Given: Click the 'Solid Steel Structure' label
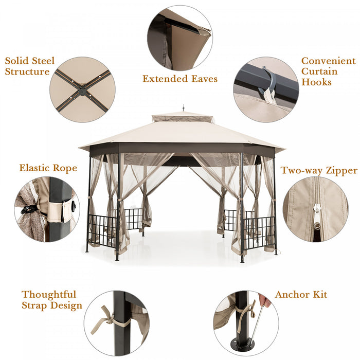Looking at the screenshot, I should tap(30, 66).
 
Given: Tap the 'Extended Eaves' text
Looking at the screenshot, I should tap(180, 79).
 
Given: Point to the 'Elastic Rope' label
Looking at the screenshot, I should tap(48, 168).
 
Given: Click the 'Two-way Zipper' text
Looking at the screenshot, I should tap(319, 170).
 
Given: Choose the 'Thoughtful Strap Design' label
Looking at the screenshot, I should tap(51, 300).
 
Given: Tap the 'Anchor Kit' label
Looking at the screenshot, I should tap(301, 295).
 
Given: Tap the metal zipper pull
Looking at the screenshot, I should tap(317, 214).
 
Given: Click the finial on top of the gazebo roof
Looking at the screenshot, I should tap(183, 110).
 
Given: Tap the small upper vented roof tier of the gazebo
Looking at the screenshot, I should tap(183, 118).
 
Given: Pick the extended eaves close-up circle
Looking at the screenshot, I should tap(179, 38).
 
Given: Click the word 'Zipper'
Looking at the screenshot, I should tap(340, 170).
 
